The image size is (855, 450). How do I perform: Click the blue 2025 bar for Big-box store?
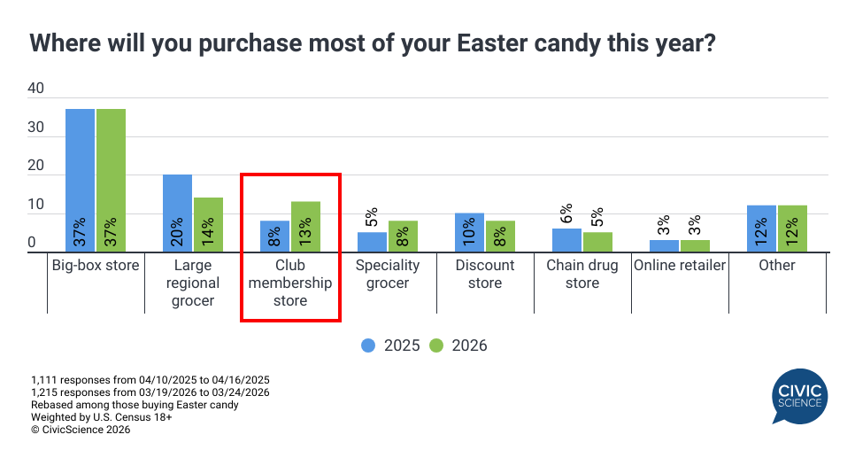[x=80, y=181]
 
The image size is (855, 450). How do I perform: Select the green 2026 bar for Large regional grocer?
[x=209, y=225]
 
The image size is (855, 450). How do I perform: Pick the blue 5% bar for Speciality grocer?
[x=372, y=242]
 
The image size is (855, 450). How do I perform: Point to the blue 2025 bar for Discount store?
[x=469, y=233]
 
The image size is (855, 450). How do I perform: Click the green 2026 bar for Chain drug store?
[x=598, y=242]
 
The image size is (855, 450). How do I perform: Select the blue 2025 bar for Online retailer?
[x=664, y=246]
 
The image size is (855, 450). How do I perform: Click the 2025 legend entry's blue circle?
[x=368, y=345]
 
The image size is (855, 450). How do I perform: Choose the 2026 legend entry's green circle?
[x=435, y=345]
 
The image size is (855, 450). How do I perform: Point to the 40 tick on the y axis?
[x=36, y=89]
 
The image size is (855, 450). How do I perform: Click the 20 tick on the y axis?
[x=36, y=166]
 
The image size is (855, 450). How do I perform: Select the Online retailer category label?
[x=680, y=266]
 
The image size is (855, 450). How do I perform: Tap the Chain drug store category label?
[x=582, y=275]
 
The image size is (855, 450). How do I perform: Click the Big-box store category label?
[x=96, y=266]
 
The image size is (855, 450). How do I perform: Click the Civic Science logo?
[x=797, y=397]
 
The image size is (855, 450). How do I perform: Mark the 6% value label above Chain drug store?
[x=566, y=213]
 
